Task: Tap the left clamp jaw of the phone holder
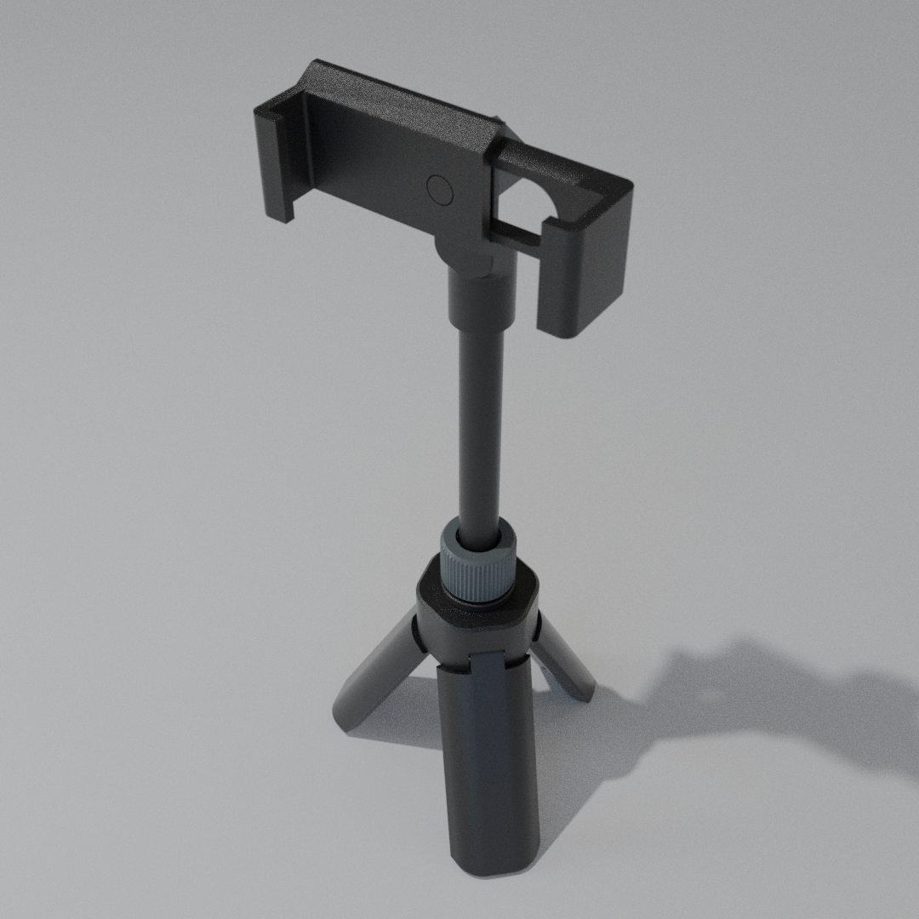[278, 162]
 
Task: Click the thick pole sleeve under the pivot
[482, 302]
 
